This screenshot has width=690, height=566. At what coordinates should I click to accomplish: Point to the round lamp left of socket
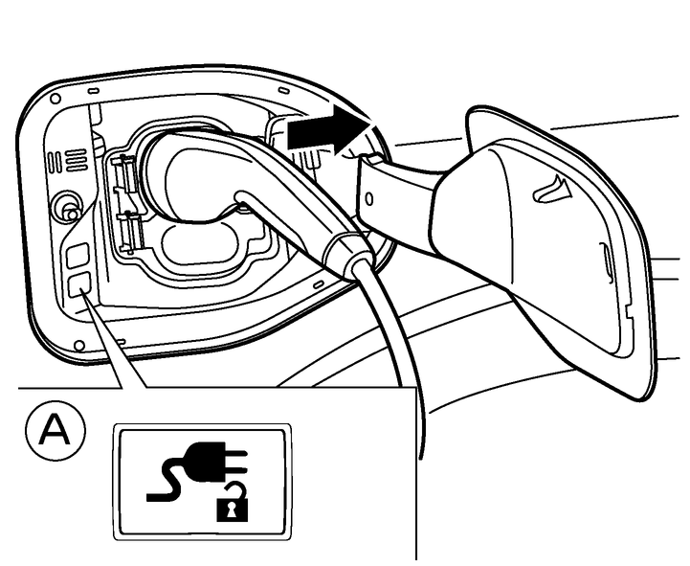point(66,204)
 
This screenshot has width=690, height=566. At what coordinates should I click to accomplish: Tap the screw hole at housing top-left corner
point(56,99)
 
